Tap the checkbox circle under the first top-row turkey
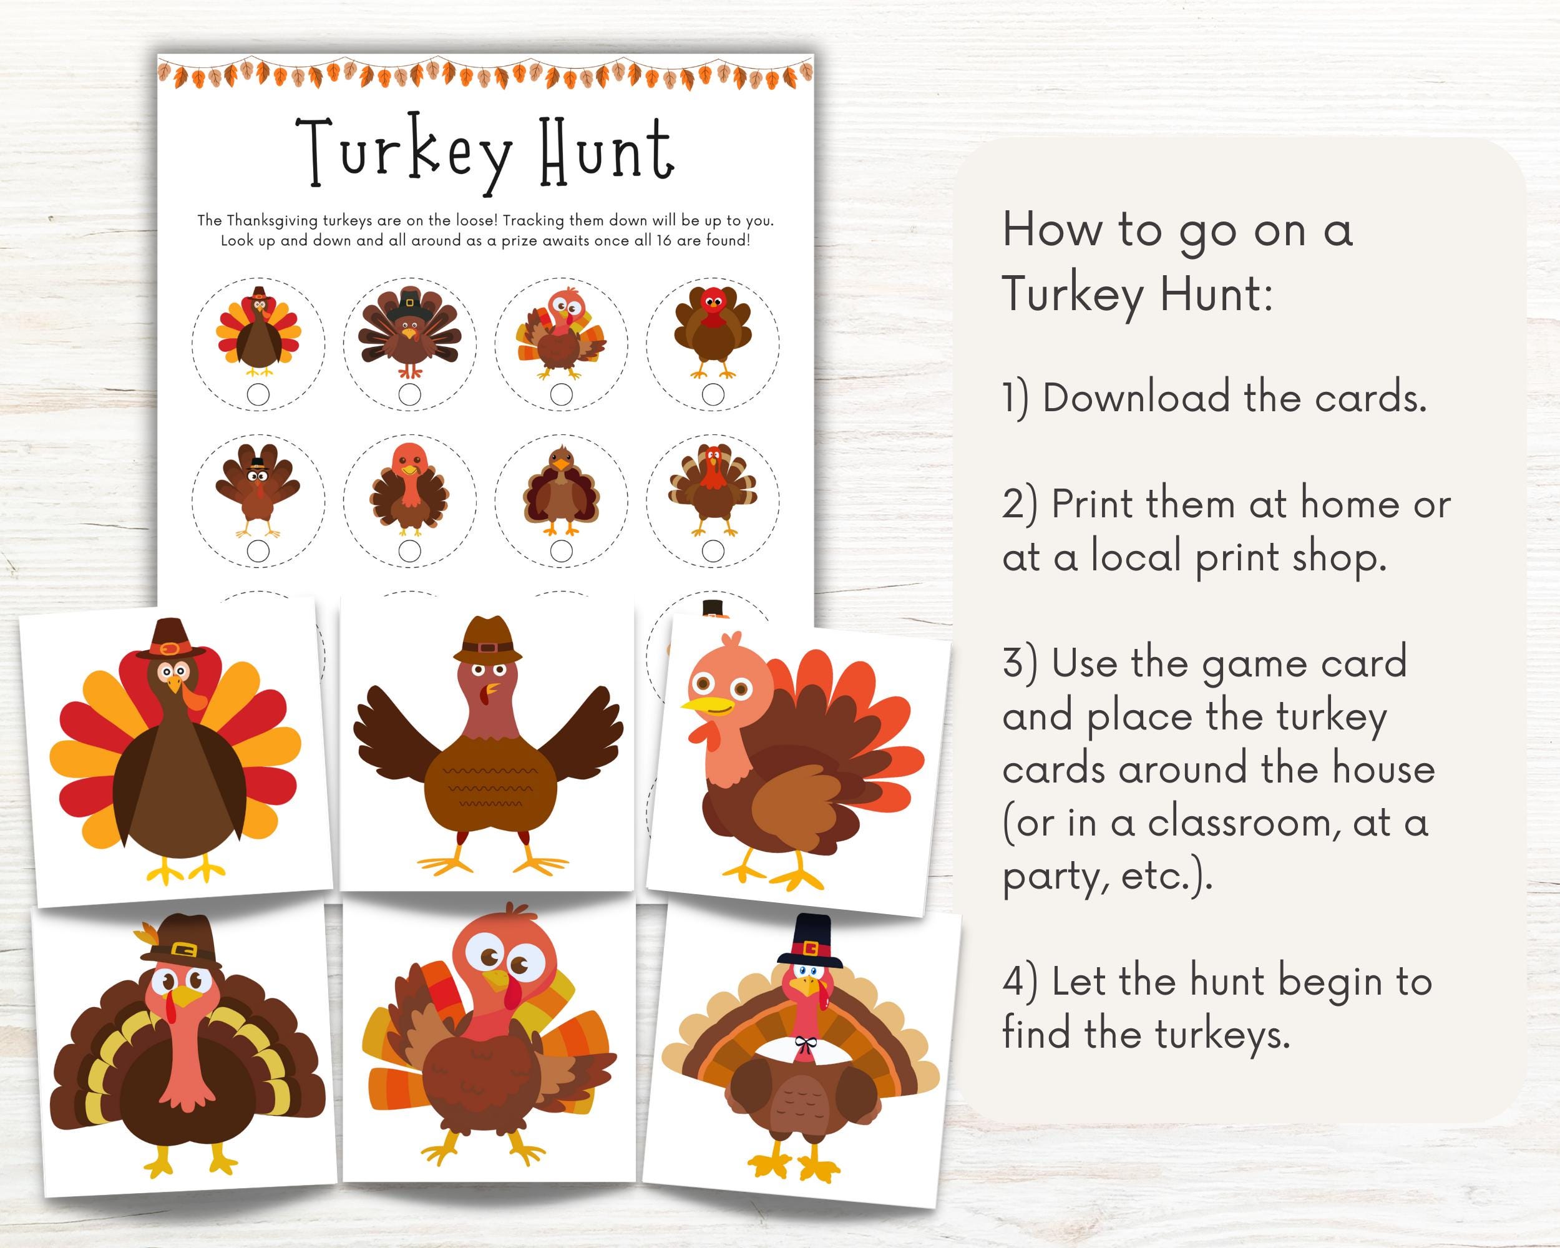click(258, 394)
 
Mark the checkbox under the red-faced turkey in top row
click(713, 394)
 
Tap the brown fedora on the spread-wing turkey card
click(487, 640)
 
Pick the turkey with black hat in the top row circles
click(410, 331)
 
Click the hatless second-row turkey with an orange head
click(409, 487)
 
